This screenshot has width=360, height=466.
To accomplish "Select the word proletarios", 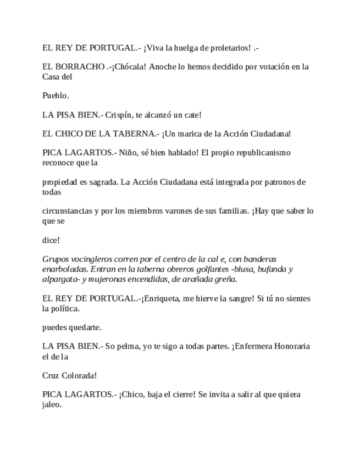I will coord(229,48).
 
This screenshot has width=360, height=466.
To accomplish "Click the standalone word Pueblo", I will coord(56,96).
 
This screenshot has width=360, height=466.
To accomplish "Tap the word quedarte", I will coord(86,327).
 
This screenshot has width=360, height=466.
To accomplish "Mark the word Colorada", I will coord(79,375).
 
